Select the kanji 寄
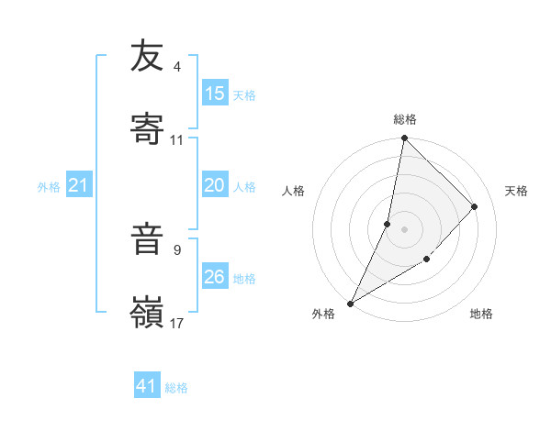147,129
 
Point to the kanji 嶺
147,312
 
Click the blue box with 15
214,94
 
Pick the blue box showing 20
214,185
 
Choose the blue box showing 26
214,277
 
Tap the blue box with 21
78,186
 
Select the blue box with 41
147,386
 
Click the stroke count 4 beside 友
176,67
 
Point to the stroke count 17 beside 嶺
176,323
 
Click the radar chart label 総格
405,119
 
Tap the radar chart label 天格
516,191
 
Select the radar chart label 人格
294,191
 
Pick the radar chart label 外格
323,314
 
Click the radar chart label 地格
481,314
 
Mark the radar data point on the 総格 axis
404,139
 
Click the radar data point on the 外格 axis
350,304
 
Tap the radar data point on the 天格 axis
475,206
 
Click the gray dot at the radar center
404,229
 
